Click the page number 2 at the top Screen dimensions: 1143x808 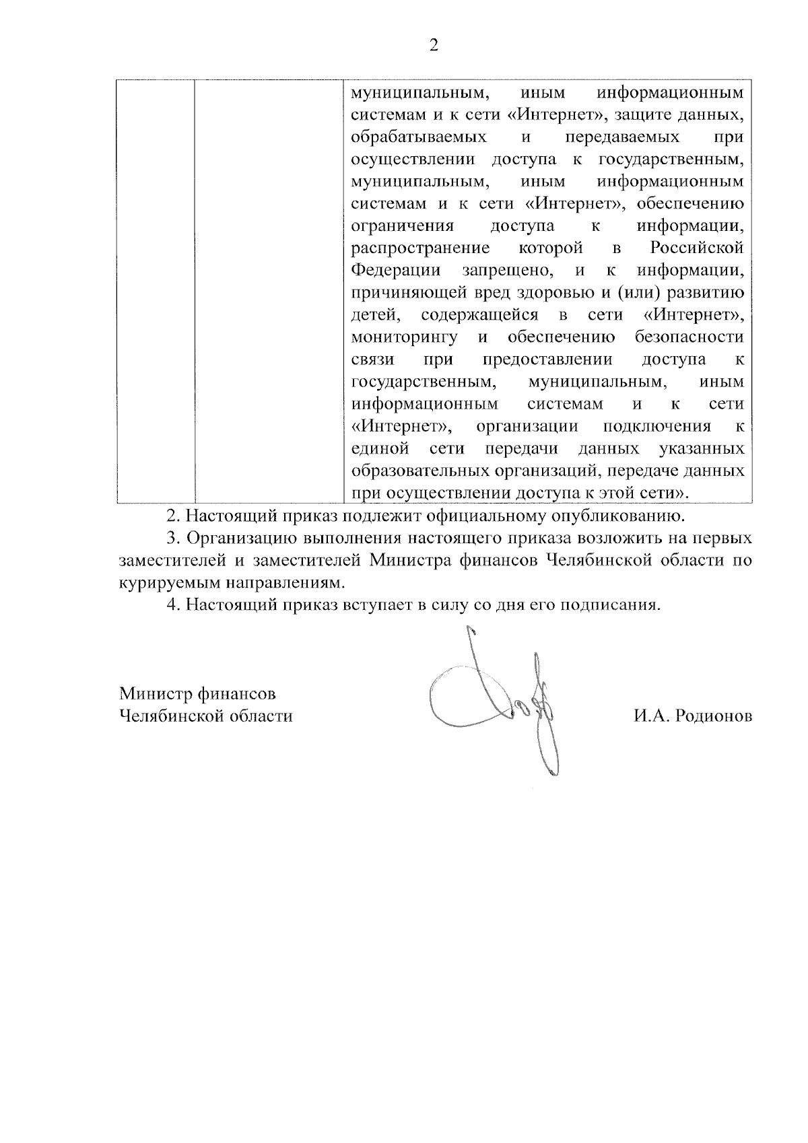point(433,46)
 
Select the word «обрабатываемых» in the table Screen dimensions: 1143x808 point(419,137)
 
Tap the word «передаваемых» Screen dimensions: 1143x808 point(622,137)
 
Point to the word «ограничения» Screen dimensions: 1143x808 point(403,226)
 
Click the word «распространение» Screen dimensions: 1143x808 point(421,248)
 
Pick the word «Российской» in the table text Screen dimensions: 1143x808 point(697,248)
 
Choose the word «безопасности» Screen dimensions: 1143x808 point(689,337)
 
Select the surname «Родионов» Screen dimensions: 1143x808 point(714,716)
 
